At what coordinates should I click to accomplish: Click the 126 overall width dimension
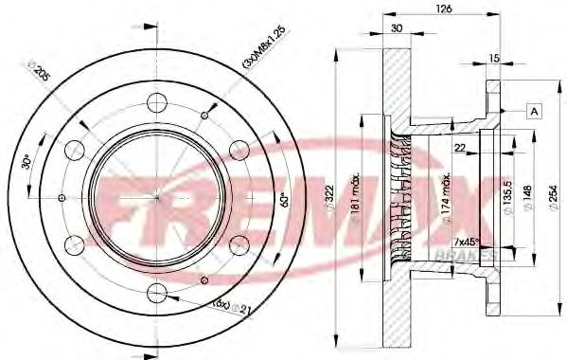click(x=442, y=9)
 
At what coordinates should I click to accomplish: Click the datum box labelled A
click(x=535, y=112)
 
